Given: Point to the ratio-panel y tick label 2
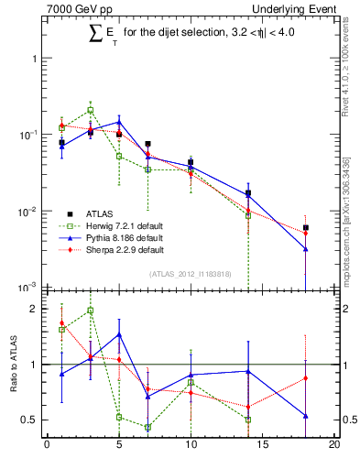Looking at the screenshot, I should (x=34, y=309).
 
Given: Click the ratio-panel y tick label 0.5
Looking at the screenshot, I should (x=30, y=420).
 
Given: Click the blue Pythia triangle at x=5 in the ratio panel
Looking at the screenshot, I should (x=119, y=334).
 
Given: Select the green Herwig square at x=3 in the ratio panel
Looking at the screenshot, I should (x=90, y=311).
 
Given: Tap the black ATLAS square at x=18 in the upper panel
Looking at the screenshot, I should (x=306, y=227).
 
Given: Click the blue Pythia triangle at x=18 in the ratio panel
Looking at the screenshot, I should (x=306, y=416).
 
